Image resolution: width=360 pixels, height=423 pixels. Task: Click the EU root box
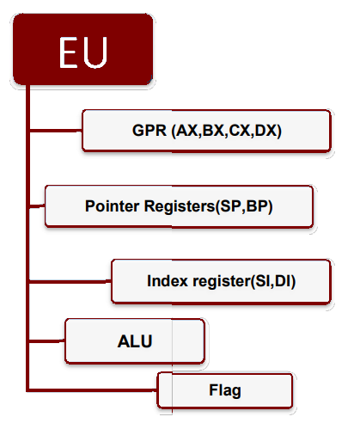pos(83,52)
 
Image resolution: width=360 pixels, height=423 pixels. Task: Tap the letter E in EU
pos(70,52)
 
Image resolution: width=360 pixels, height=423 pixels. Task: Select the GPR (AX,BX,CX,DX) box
pos(206,131)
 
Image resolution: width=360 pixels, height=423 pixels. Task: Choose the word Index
pos(166,281)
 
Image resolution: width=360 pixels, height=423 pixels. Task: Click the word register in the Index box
pos(216,281)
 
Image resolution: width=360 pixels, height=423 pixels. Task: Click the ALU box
pos(135,340)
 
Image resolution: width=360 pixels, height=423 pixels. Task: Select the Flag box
pos(224,389)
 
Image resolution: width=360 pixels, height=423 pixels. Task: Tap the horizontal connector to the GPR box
pos(56,131)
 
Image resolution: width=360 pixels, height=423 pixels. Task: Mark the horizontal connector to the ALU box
pos(47,340)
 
